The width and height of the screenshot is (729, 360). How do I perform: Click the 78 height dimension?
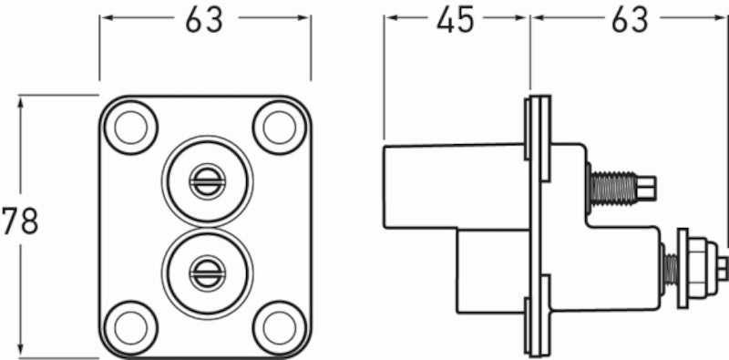point(19,221)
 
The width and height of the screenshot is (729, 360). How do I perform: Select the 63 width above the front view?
point(204,20)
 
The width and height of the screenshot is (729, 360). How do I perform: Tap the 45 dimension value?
point(455,20)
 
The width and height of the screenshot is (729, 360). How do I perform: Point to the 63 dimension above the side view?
point(630,20)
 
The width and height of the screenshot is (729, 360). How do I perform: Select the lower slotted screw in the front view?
point(206,271)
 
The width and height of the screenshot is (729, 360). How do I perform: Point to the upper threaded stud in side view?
point(612,189)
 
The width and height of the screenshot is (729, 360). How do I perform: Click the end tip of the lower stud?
point(722,267)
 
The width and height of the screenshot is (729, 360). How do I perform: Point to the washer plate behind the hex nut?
point(683,267)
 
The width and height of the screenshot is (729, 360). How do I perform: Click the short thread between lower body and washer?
point(670,268)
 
